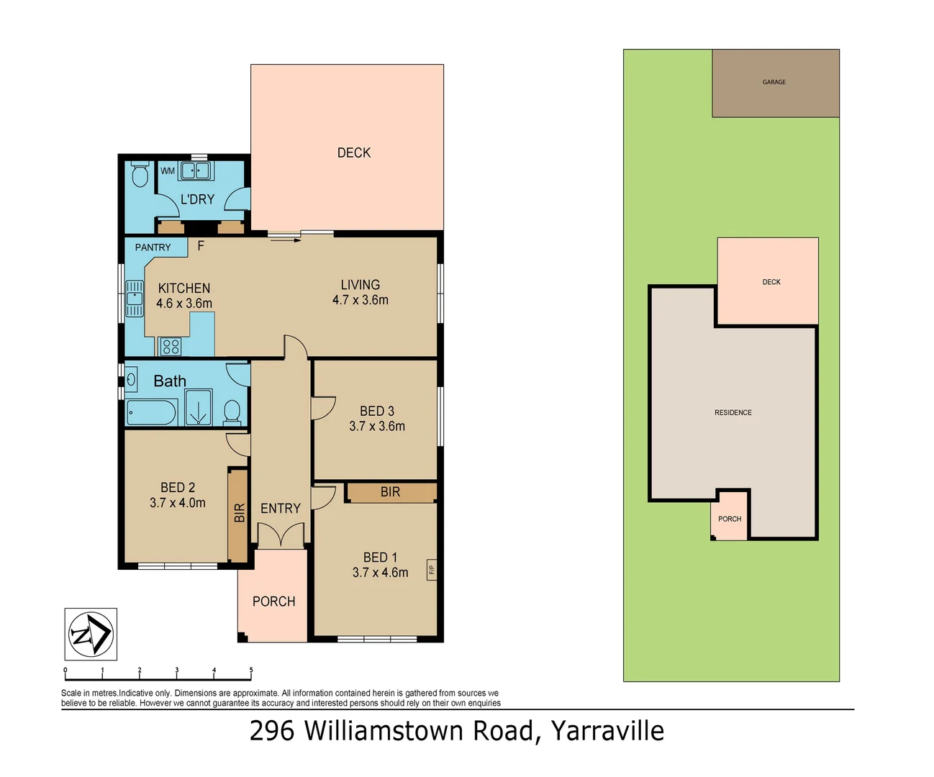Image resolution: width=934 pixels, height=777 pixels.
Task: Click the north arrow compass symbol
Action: coord(91,635)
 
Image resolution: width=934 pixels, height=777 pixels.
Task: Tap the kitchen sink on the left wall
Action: coord(135,299)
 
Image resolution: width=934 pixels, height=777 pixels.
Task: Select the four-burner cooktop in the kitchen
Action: coord(171,347)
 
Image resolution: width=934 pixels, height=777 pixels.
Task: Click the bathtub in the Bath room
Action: coord(151,413)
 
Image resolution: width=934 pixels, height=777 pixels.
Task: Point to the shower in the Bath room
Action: coord(198,408)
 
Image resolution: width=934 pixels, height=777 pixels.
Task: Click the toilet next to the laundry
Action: coord(140,174)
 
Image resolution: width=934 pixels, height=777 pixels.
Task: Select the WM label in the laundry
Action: coord(168,171)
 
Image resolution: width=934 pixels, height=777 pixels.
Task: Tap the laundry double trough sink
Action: coord(194,171)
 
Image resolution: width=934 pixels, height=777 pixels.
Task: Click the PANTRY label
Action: coord(153,247)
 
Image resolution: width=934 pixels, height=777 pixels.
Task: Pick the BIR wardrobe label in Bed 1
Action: coord(390,492)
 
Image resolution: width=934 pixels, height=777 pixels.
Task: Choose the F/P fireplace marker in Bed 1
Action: coord(432,570)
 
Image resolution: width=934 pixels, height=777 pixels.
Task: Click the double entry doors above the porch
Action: coord(281,536)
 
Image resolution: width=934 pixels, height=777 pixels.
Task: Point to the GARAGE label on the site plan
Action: coord(774,82)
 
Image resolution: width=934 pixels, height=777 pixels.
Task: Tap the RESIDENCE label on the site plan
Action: coord(733,412)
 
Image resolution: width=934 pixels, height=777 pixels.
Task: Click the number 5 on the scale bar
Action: coord(251,670)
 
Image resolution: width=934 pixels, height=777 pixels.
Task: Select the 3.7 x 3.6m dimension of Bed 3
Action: coord(377,426)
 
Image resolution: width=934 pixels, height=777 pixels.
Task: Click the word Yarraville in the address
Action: coord(607,731)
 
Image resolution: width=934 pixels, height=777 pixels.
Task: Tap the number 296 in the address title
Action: coord(272,731)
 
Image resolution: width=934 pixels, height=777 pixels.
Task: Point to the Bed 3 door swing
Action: coord(322,408)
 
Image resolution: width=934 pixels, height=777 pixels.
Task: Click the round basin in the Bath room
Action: coord(132,378)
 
